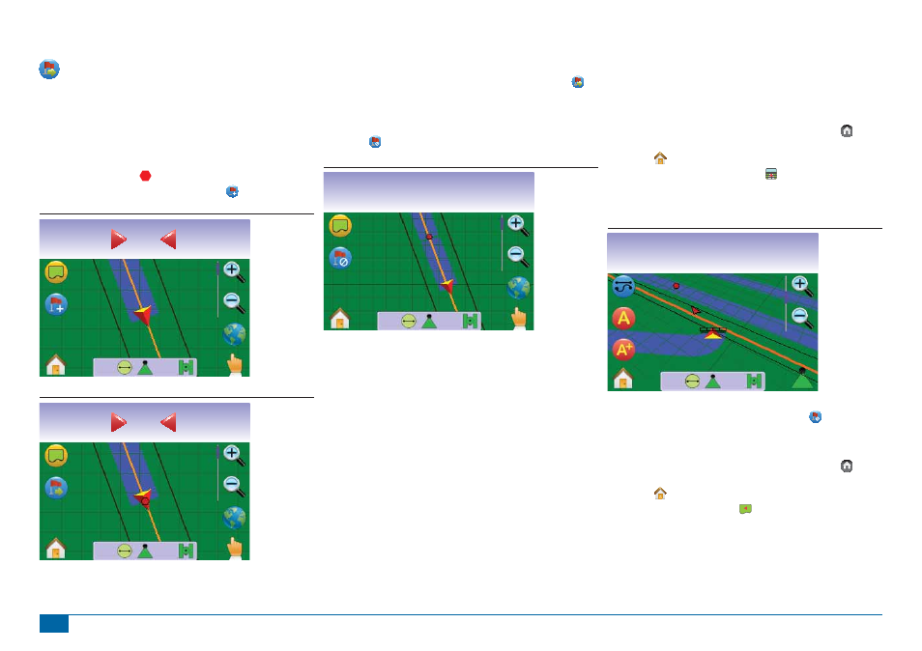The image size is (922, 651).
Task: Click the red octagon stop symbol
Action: tap(145, 176)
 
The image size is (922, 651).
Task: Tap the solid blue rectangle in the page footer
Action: tap(54, 623)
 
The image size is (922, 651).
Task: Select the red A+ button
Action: tap(623, 350)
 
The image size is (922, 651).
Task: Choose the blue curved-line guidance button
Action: tap(623, 286)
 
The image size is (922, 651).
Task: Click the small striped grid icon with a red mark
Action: tap(771, 173)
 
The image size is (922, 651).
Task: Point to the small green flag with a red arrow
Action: tap(745, 509)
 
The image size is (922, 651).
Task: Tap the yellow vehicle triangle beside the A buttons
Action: tap(712, 334)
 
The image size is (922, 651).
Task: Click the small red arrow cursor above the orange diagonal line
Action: tap(696, 310)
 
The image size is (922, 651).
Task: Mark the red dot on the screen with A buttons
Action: tap(677, 286)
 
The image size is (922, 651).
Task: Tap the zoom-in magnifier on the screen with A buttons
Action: tap(802, 286)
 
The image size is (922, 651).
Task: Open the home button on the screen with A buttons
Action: tap(622, 379)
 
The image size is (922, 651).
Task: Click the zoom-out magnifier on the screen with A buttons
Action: tap(802, 318)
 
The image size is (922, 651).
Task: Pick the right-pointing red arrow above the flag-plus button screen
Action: tap(119, 240)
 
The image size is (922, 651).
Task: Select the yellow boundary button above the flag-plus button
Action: tap(56, 272)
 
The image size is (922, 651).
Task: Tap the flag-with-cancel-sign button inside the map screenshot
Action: tap(340, 258)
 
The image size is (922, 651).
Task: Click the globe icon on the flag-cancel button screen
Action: tap(518, 289)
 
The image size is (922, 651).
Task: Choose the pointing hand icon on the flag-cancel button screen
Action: tap(519, 317)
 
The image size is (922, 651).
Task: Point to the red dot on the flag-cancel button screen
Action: tap(429, 237)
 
